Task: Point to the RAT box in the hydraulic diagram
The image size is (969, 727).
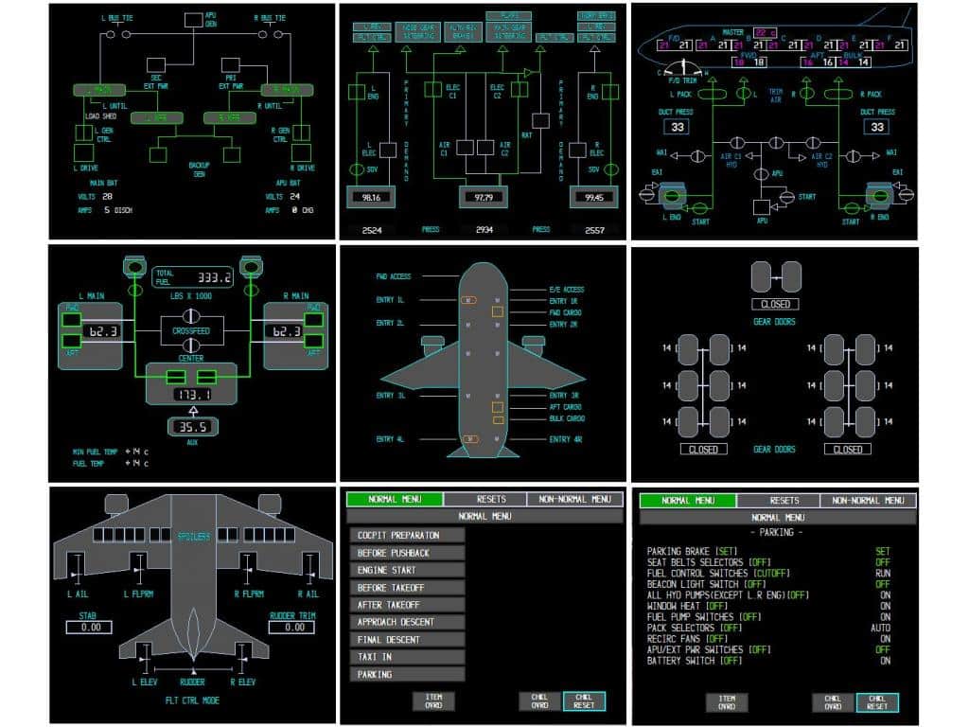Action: (540, 120)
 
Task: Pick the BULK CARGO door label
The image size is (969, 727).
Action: (568, 418)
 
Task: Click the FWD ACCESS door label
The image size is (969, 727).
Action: (395, 276)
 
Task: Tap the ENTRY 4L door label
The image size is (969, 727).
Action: (391, 440)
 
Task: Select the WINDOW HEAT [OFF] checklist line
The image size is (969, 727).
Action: (687, 605)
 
